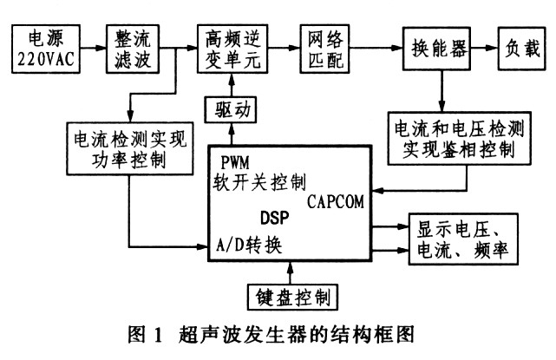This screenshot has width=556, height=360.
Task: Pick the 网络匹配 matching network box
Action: [x=327, y=48]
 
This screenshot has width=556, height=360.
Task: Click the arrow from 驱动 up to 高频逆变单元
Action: [x=230, y=84]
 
